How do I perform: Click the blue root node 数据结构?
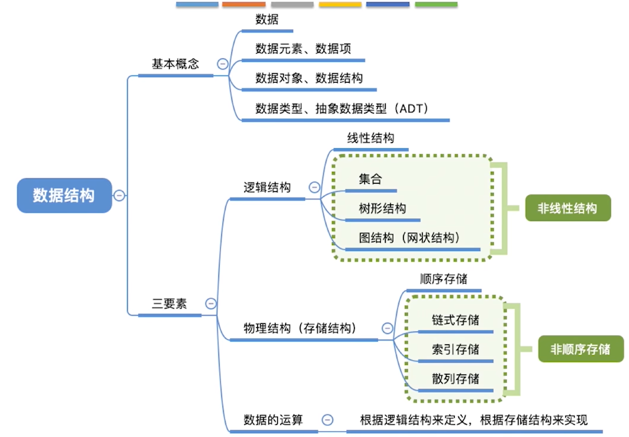(64, 195)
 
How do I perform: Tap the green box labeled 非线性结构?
(568, 208)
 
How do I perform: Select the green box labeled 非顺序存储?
(581, 349)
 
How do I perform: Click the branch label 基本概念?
(175, 64)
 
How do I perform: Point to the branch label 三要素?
(169, 303)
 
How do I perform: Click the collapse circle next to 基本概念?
(223, 64)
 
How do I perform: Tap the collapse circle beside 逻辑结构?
(314, 187)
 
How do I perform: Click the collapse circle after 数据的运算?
(327, 420)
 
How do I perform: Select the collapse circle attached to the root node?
(119, 195)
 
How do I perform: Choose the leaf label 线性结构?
(371, 138)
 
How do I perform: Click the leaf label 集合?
(371, 179)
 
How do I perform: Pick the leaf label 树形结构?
(383, 208)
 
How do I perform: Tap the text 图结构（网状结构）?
(409, 237)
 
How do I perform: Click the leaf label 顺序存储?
(444, 279)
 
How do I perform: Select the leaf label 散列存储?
(456, 379)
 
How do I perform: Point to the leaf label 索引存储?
(456, 349)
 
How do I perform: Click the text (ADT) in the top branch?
(412, 108)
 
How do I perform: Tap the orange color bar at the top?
(244, 4)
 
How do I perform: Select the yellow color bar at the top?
(340, 4)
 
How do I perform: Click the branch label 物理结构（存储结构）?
(300, 328)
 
